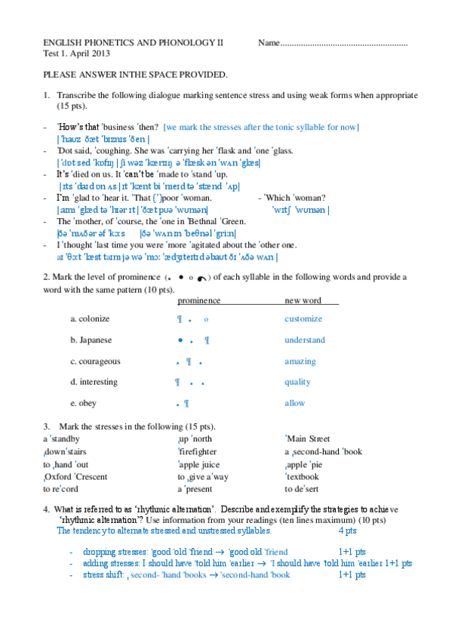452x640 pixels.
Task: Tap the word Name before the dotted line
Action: [269, 44]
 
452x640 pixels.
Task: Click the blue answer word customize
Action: [303, 318]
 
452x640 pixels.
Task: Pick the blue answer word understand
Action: [305, 340]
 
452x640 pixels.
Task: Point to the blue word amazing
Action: [300, 361]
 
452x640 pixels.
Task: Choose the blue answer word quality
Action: [297, 382]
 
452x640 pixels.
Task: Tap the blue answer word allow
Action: [294, 403]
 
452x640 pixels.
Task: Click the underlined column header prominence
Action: [198, 300]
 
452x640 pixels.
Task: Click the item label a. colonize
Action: [90, 318]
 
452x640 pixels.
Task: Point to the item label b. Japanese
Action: [91, 340]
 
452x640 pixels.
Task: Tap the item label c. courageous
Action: [94, 361]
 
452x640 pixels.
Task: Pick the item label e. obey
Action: [83, 403]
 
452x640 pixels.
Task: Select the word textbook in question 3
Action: [303, 476]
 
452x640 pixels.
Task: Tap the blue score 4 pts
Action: [348, 531]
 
